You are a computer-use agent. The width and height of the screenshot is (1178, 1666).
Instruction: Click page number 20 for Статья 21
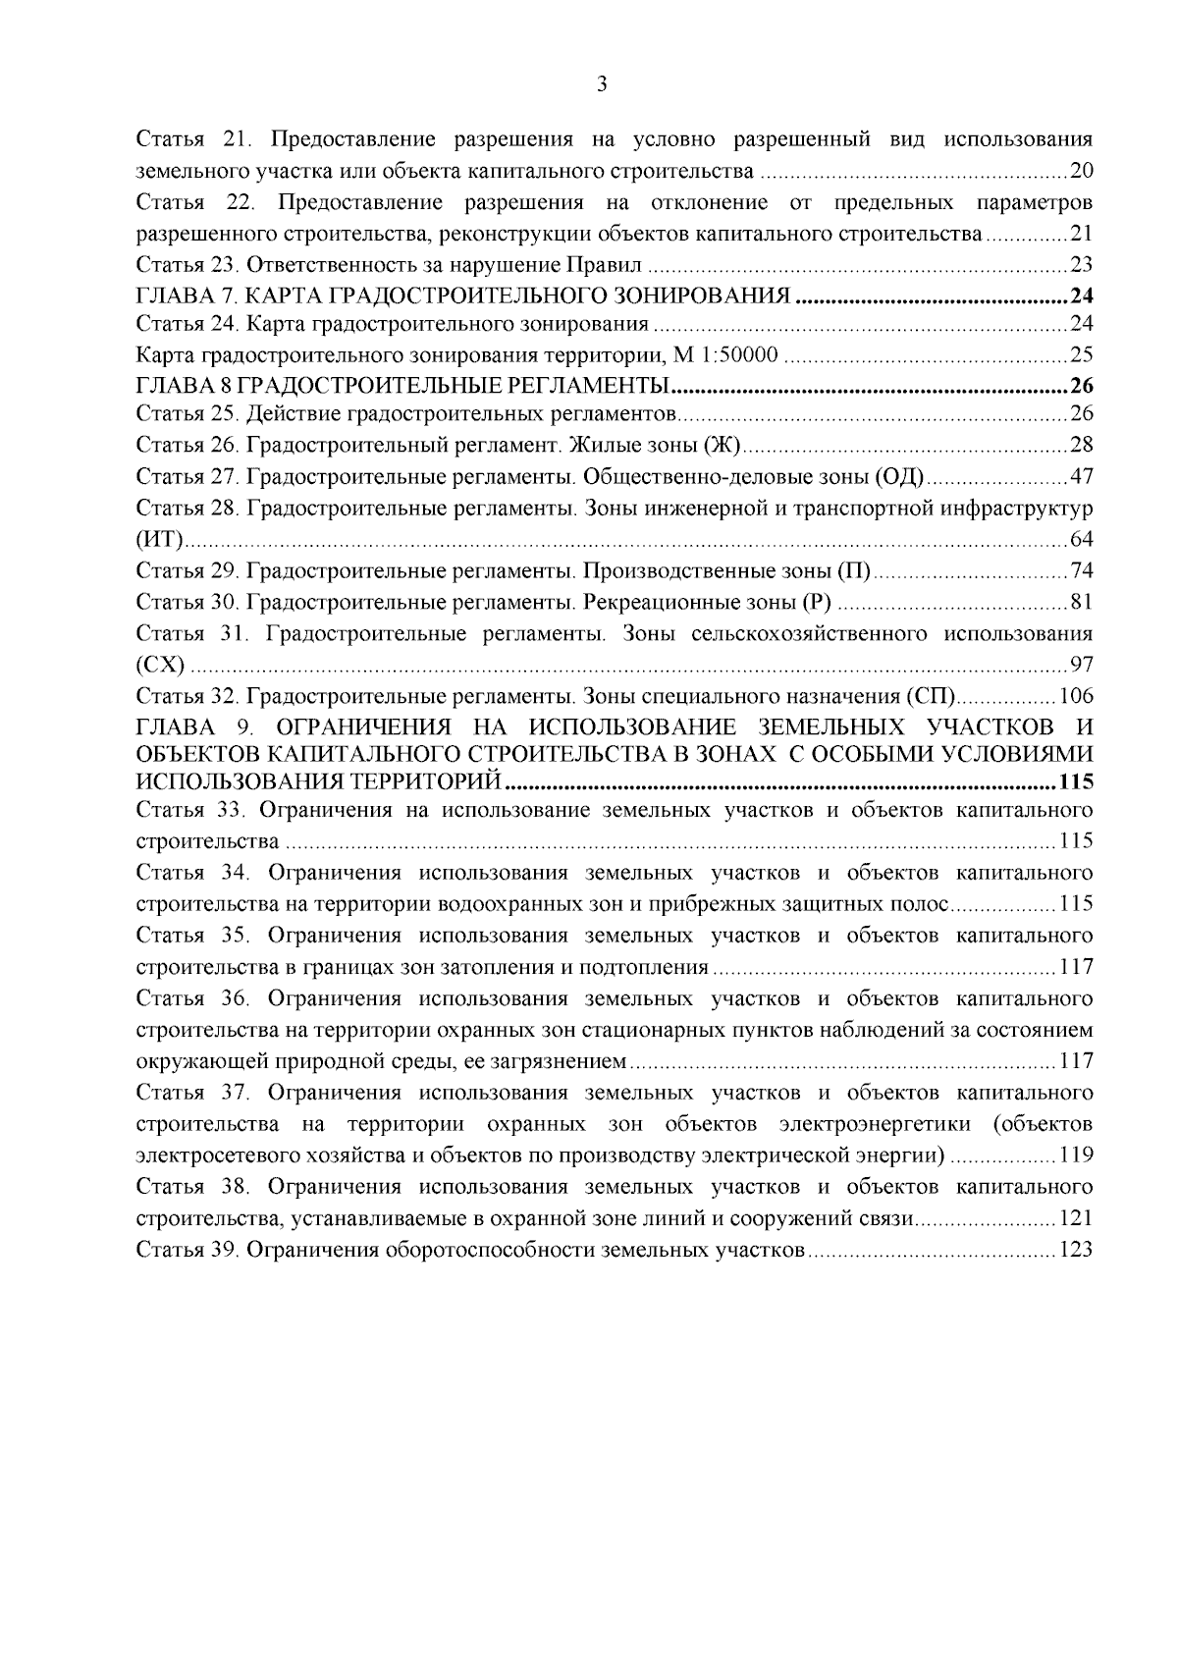(x=1081, y=172)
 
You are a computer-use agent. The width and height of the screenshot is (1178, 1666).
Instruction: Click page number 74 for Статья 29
(x=1081, y=570)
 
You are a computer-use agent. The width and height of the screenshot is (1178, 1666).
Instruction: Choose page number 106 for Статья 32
(x=1076, y=696)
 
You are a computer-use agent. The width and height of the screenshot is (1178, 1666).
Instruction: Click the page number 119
(x=1076, y=1155)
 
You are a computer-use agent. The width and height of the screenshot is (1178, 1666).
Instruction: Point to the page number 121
(x=1076, y=1218)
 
